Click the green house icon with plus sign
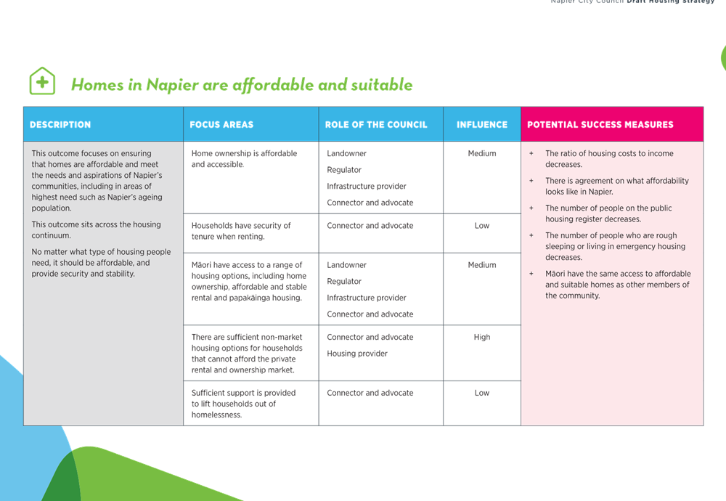coord(42,81)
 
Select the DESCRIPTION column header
coord(60,125)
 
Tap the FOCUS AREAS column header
coord(221,125)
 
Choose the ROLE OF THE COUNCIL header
coord(376,125)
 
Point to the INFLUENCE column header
coord(482,125)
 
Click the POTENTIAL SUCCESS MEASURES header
coord(600,125)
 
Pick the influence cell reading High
coord(482,337)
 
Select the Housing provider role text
coord(357,354)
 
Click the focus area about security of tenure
coord(241,231)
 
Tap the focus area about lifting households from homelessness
coord(243,404)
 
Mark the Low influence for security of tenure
coord(482,226)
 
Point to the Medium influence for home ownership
coord(482,153)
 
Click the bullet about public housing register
coord(608,213)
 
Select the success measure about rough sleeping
coord(616,246)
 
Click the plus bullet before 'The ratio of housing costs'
coord(531,153)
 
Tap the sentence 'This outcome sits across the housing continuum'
coord(97,229)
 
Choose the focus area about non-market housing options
coord(247,354)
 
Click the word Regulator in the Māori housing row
coord(344,282)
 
